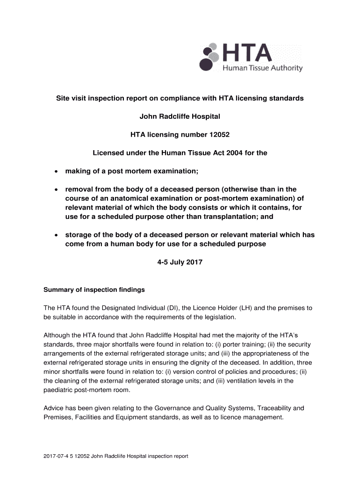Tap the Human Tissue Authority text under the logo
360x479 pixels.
[262, 68]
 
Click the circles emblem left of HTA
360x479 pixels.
[209, 57]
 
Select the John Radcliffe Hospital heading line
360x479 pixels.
[180, 116]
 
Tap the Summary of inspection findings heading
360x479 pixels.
[94, 290]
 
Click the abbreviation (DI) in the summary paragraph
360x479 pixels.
[173, 308]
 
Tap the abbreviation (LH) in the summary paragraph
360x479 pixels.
[248, 308]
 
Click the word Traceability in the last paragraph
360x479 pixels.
[272, 408]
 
